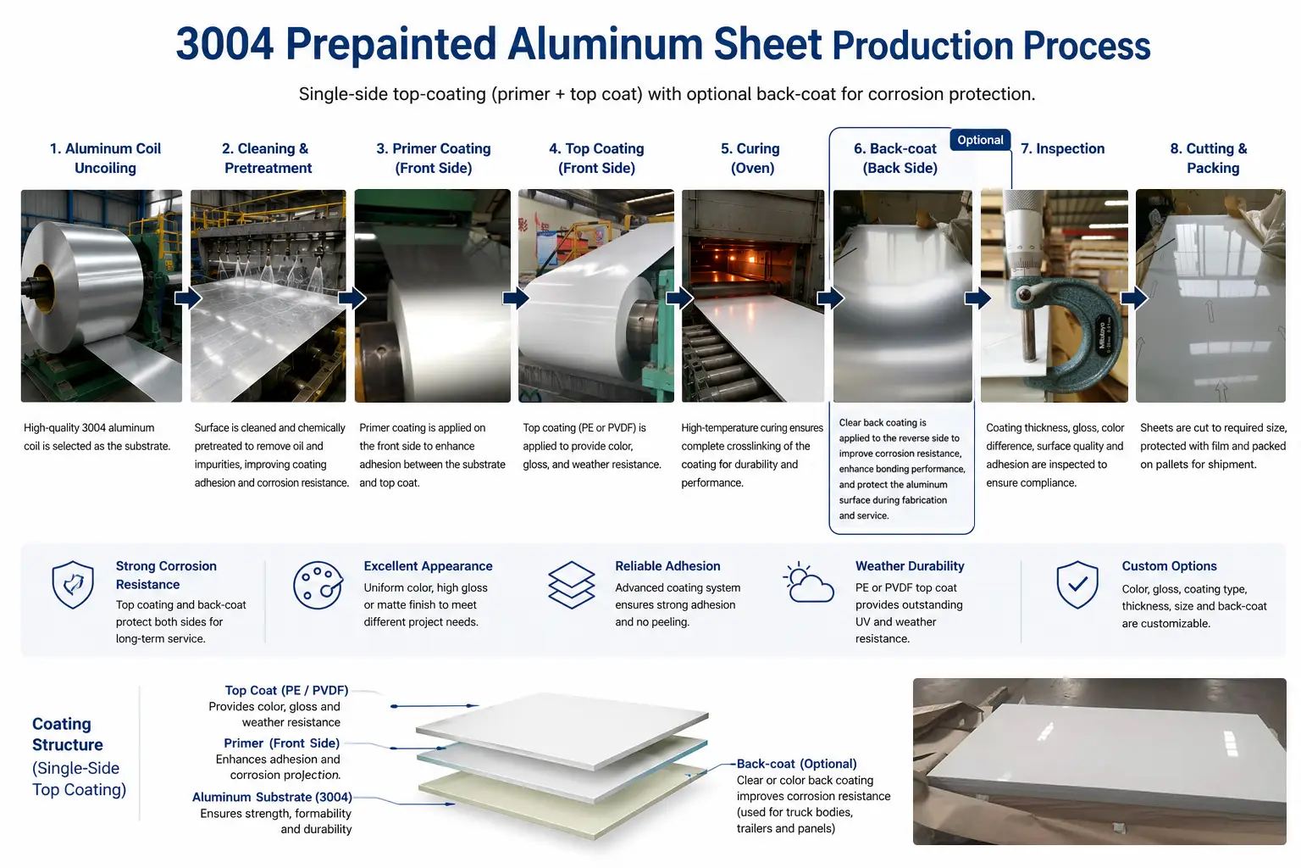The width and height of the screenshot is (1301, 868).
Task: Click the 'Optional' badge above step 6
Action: coord(980,140)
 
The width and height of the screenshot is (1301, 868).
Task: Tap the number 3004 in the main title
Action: coord(224,44)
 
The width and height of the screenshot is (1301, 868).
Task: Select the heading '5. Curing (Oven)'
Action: coord(751,159)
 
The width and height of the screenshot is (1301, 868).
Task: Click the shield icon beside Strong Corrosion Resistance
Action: coord(73,584)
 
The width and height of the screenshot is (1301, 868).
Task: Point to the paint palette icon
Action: coord(318,585)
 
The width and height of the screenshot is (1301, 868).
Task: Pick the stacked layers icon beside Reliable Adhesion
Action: coord(572,585)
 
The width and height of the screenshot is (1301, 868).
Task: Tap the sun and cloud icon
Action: coord(808,582)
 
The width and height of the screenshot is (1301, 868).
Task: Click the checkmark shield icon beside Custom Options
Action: coord(1077,584)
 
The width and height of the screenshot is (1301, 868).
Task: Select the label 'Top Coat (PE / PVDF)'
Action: coord(286,690)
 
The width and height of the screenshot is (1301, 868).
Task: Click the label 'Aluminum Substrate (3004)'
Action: coord(272,797)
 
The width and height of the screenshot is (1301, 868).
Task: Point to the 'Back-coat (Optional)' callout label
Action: coord(796,764)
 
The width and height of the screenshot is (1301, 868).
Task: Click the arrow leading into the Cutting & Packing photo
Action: coord(1134,298)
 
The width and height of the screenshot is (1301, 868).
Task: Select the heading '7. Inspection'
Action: coord(1062,149)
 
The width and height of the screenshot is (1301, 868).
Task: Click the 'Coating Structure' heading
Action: coord(68,734)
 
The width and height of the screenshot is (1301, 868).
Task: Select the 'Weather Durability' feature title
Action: coord(910,565)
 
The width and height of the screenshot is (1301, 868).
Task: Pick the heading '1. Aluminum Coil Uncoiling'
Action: coord(105,159)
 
